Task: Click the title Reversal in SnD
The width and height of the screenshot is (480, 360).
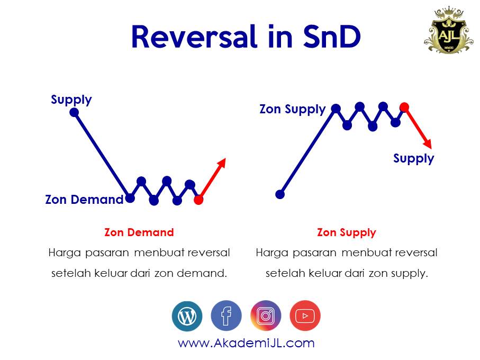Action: tap(246, 37)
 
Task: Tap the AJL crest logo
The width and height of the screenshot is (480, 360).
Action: tap(448, 30)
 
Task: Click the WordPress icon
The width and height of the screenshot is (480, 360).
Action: tap(187, 316)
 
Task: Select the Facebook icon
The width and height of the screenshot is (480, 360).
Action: tap(226, 316)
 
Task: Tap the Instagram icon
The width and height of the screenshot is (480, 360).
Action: tap(266, 316)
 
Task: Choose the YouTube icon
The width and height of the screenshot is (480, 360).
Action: tap(305, 316)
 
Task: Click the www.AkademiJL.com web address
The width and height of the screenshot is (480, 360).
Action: tap(246, 343)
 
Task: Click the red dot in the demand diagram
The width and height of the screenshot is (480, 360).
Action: tap(198, 200)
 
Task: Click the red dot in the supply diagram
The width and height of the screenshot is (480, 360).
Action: tap(404, 107)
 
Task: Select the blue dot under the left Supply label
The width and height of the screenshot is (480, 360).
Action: tap(74, 112)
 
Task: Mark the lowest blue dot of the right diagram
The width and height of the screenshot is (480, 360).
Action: tap(280, 194)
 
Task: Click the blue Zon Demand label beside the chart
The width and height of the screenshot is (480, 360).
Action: tap(84, 200)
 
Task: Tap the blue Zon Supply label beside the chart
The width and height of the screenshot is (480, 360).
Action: tap(292, 109)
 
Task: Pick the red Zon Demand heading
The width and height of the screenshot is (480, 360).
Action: tap(139, 232)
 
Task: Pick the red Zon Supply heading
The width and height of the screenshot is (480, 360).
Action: tap(346, 232)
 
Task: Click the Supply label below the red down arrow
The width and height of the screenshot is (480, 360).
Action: tap(413, 158)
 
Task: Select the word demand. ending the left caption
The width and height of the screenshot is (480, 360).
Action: tap(205, 274)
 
